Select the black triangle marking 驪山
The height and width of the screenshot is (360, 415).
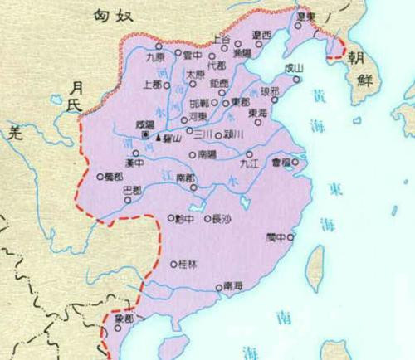point(158,138)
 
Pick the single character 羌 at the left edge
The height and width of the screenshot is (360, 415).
point(12,129)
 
